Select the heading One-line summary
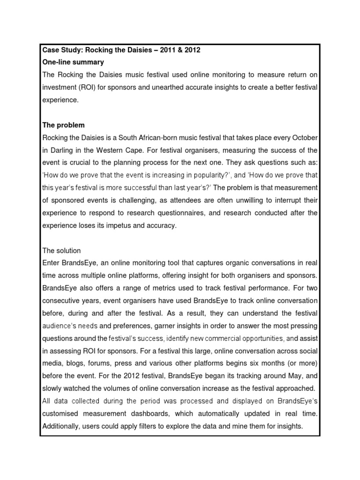pyautogui.click(x=73, y=62)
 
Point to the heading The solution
pyautogui.click(x=61, y=251)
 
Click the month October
pyautogui.click(x=305, y=137)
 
